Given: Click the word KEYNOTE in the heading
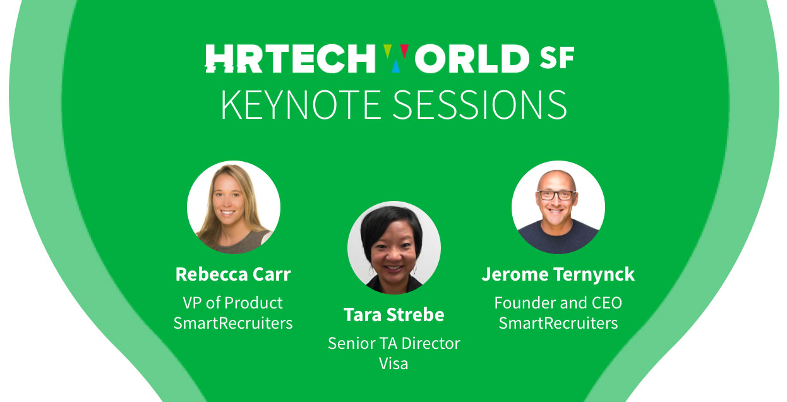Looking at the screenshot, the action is (x=301, y=105).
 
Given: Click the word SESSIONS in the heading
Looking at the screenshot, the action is (x=479, y=105).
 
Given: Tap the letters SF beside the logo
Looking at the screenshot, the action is (x=557, y=58).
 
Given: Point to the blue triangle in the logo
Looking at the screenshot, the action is (x=396, y=66).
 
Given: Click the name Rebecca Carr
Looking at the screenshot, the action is (x=233, y=274).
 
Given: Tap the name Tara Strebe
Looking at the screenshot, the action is (x=394, y=314).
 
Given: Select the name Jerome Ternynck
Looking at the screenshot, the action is (x=558, y=275).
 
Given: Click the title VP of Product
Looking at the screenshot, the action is (x=232, y=303).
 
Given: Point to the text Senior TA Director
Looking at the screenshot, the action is (x=394, y=344).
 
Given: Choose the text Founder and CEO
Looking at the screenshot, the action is (x=558, y=303).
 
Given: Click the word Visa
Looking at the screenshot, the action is (x=393, y=363).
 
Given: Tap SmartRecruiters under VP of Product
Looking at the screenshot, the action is (x=233, y=323).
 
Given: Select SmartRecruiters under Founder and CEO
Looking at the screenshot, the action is (x=558, y=323).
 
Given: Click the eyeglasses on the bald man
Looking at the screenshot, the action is (x=556, y=195).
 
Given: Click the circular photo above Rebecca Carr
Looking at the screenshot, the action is (x=234, y=207).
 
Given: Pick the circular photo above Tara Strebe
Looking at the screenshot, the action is (x=394, y=248).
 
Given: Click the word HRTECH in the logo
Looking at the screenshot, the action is (x=291, y=58).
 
